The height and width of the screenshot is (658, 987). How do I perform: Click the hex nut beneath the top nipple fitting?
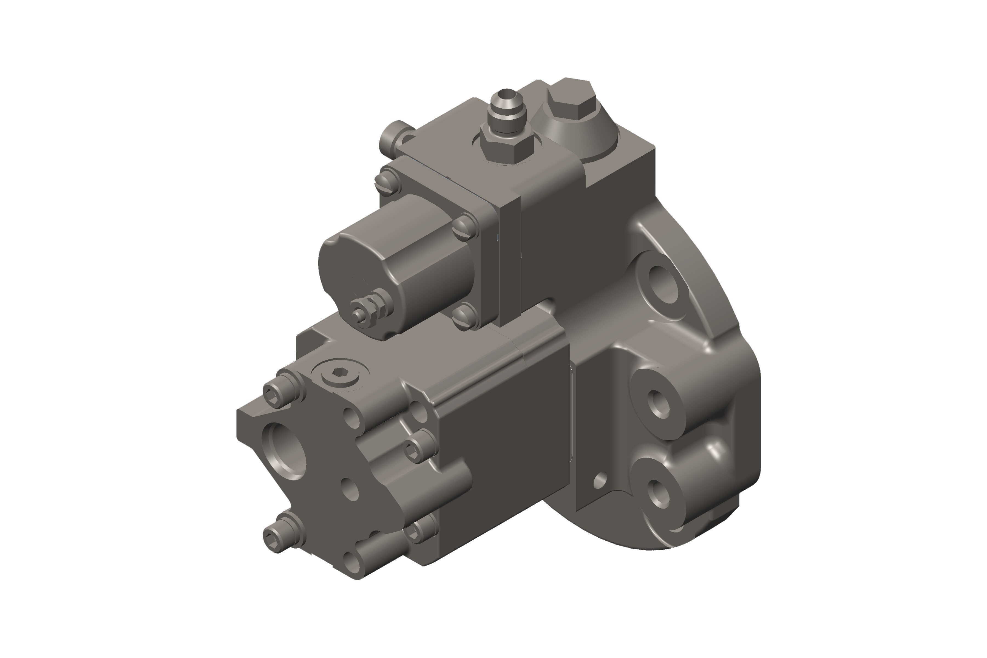coord(506,148)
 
